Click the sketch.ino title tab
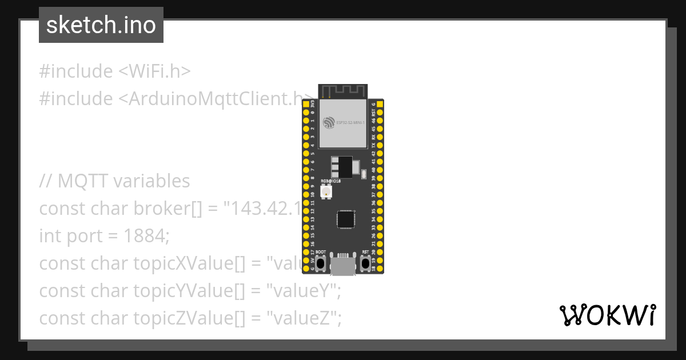coord(101,25)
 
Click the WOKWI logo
coord(607,315)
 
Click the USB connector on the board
coord(343,266)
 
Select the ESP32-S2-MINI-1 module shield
coord(343,123)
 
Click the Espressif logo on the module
coord(328,122)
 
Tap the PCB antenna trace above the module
coord(343,91)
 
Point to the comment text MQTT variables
coord(123,181)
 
